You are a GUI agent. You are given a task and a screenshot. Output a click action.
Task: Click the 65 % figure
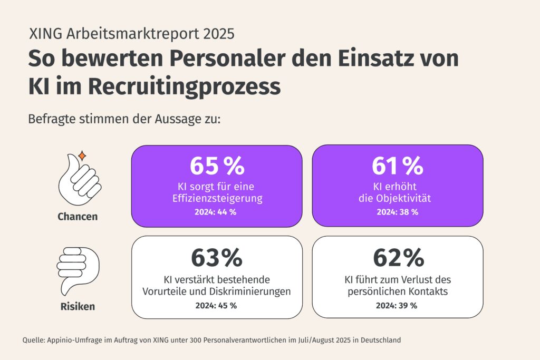(x=217, y=166)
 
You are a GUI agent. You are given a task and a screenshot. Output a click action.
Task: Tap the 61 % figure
(x=397, y=166)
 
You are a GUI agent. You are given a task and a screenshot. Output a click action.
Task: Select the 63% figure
(x=216, y=258)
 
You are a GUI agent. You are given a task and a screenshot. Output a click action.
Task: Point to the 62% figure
(x=398, y=258)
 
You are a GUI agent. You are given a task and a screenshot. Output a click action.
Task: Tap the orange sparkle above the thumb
(x=82, y=155)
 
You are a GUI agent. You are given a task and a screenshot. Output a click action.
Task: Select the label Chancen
(x=78, y=217)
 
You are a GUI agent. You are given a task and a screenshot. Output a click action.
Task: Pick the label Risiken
(x=78, y=306)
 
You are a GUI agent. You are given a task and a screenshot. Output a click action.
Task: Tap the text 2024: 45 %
(x=216, y=305)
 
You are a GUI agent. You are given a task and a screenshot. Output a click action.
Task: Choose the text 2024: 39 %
(x=397, y=305)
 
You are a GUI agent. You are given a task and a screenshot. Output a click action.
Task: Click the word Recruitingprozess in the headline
(x=171, y=86)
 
